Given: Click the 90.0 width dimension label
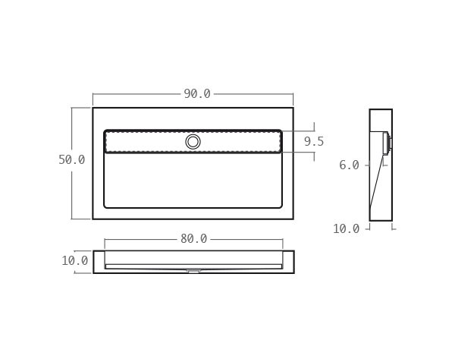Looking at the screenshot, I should [197, 94].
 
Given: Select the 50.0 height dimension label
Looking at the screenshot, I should [71, 160].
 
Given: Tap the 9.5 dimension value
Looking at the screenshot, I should [314, 141].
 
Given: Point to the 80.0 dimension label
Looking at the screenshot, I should [193, 239].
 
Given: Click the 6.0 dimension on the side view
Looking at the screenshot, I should [349, 165].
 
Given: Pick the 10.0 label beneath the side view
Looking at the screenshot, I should [346, 228].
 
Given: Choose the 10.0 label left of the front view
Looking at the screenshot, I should [75, 261].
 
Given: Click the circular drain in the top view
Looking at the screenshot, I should [193, 142].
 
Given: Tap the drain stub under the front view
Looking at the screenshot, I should [193, 270].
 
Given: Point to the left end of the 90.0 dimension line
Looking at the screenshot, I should [93, 94].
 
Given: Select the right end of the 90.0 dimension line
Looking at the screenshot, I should [293, 94].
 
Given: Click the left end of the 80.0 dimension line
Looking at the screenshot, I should [105, 239].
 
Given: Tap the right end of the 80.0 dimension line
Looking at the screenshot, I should [282, 239].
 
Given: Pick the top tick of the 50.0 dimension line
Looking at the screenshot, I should [72, 108].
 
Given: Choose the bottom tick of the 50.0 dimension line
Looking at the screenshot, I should [72, 219].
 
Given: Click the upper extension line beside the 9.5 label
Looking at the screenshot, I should [300, 131].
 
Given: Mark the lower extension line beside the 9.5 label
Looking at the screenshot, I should [300, 153].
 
